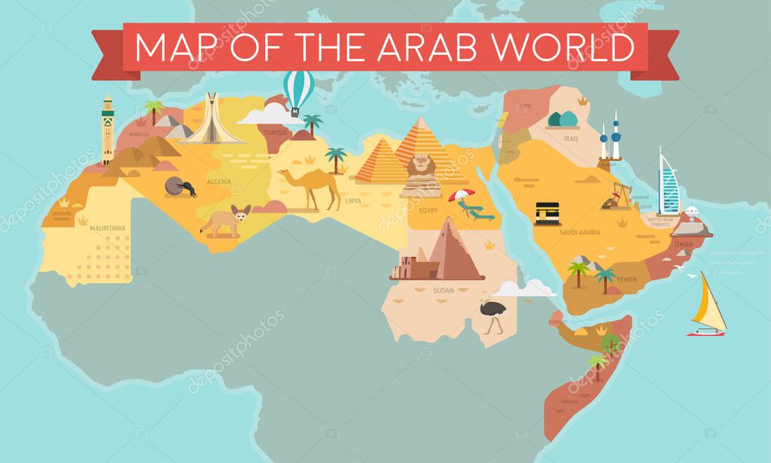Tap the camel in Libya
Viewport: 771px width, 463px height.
(309, 186)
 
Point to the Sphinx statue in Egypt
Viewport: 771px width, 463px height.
(422, 175)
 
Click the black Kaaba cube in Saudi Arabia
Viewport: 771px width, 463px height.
(547, 214)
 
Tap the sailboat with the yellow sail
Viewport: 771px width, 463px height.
(708, 305)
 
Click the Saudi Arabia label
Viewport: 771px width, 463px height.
(580, 233)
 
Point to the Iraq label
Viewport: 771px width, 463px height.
(571, 139)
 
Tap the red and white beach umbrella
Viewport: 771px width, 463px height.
(461, 197)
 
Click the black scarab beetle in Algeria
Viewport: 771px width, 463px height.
(181, 187)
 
